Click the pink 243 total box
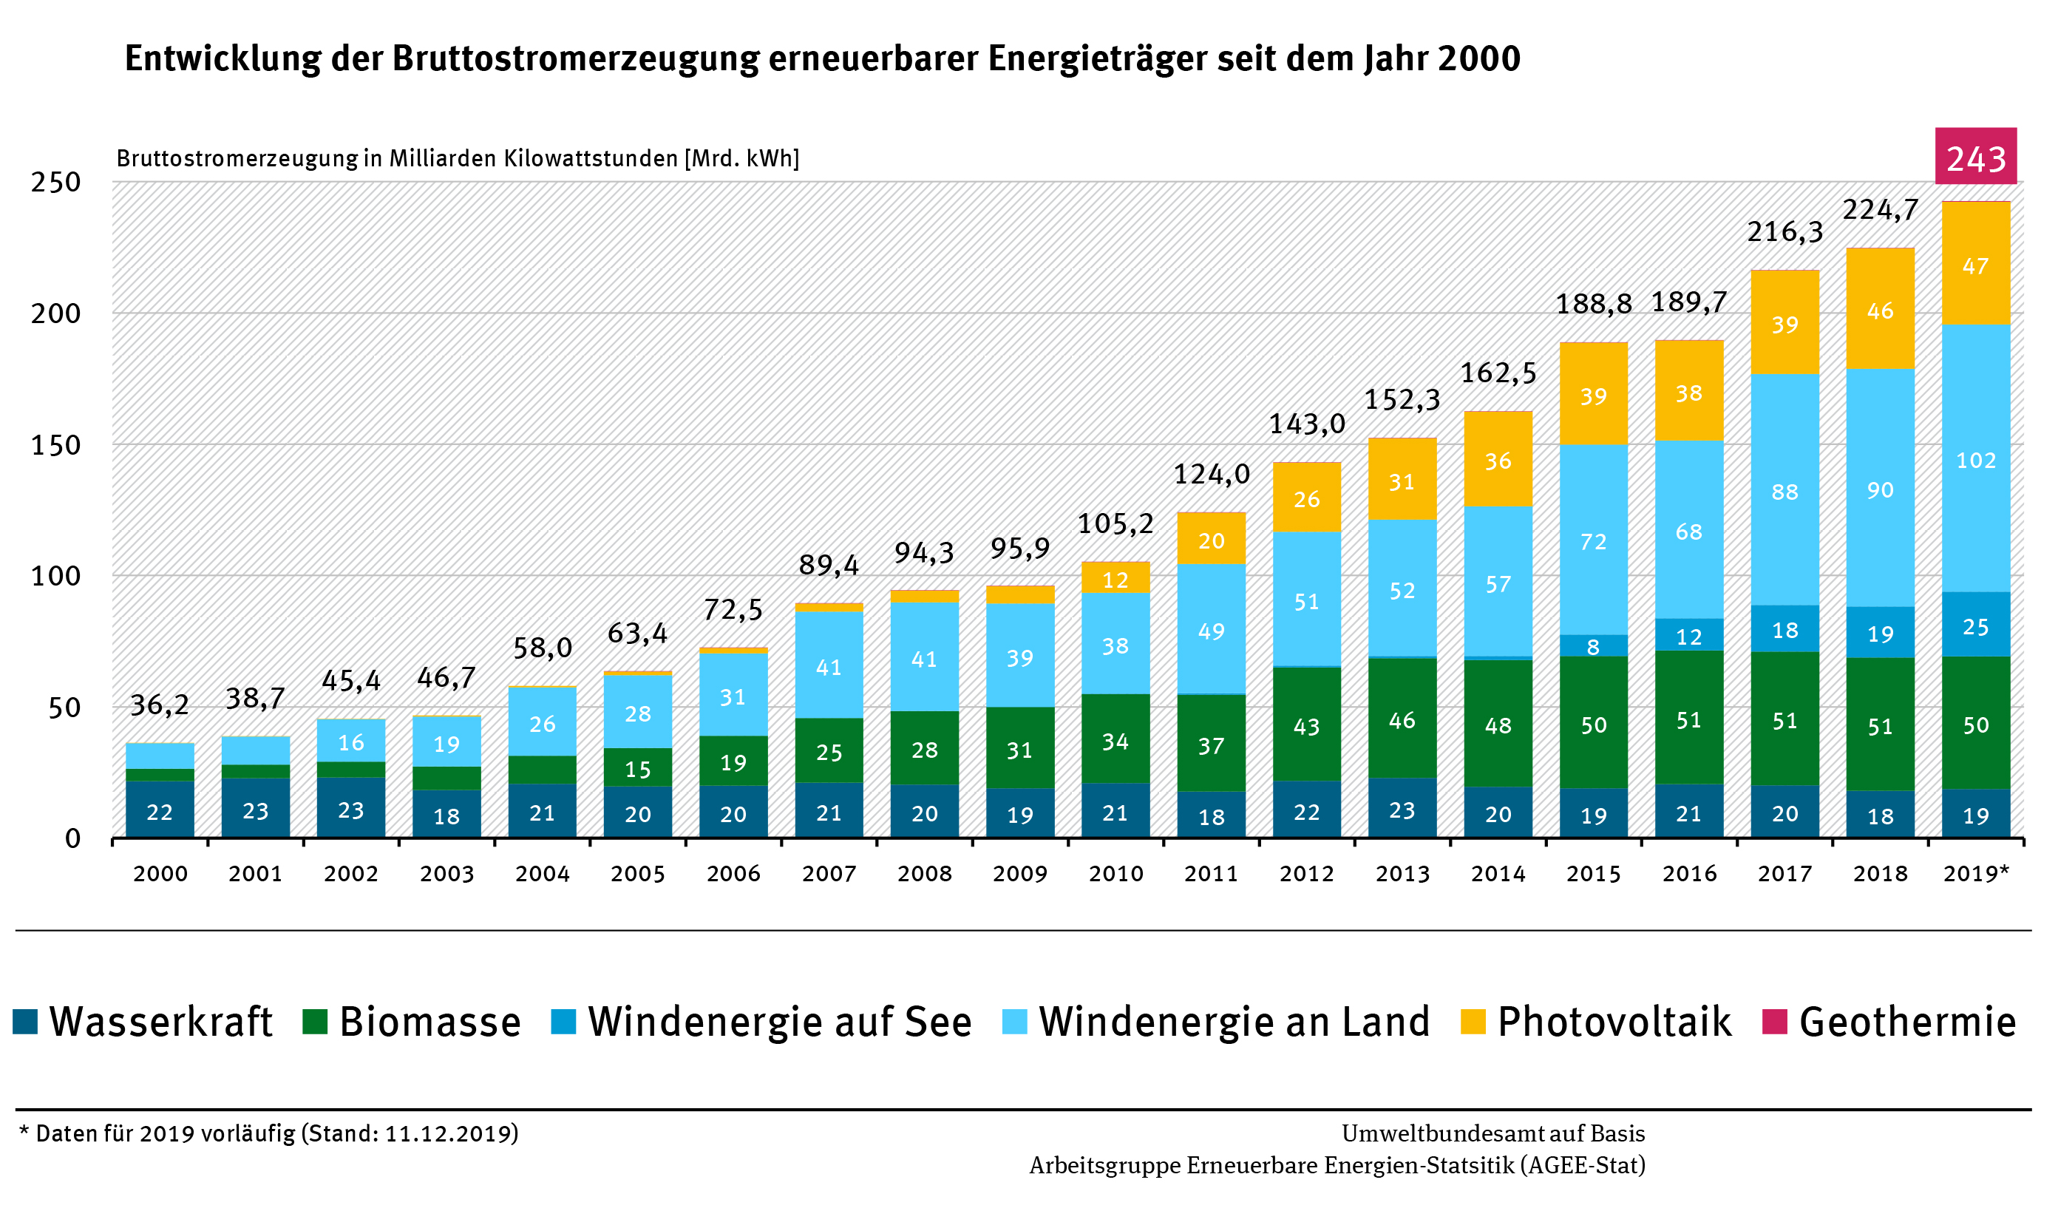tap(1975, 157)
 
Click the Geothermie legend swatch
tap(1774, 1021)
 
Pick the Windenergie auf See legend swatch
tap(563, 1021)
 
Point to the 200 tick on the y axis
tap(56, 313)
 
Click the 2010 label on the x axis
tap(1115, 874)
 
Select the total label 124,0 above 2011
tap(1211, 474)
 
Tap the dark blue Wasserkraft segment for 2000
tap(160, 810)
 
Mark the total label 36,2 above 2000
tap(160, 705)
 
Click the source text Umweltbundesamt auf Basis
tap(1493, 1133)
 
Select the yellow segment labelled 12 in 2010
tap(1115, 578)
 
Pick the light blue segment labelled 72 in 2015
tap(1593, 540)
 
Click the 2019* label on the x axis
tap(1975, 874)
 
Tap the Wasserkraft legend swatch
tap(26, 1021)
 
